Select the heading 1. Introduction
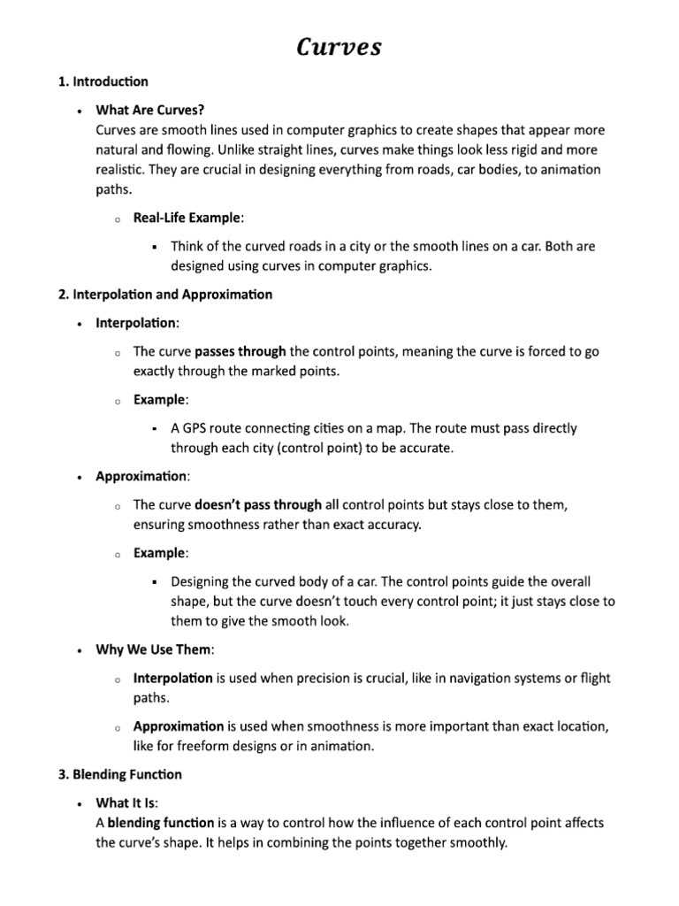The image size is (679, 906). tap(103, 81)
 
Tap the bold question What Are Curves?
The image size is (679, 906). tap(150, 110)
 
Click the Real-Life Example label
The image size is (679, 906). tap(186, 218)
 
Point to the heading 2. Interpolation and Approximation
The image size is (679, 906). tap(165, 294)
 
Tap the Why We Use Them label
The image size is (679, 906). tap(154, 649)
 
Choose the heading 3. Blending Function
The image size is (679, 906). tap(120, 774)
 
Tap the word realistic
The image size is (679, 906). tap(125, 169)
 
